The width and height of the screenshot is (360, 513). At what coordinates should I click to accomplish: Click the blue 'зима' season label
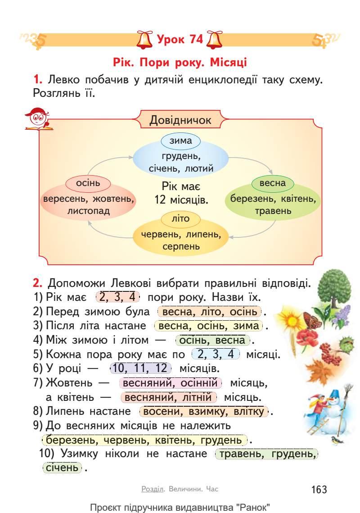[180, 141]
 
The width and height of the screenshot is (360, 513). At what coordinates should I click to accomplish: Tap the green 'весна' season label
[272, 183]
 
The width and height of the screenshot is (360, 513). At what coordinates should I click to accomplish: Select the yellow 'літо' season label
[180, 219]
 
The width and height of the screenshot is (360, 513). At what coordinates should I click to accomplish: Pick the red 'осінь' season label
[88, 184]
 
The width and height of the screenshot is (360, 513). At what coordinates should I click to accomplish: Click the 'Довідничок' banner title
[180, 120]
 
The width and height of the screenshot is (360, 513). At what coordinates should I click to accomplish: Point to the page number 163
[319, 489]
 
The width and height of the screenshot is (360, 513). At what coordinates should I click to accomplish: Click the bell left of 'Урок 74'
[145, 40]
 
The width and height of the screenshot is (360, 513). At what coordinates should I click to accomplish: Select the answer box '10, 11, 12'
[141, 368]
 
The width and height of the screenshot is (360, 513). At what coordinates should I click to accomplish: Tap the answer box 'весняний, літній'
[168, 397]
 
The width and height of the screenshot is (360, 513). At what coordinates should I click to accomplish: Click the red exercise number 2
[37, 284]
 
